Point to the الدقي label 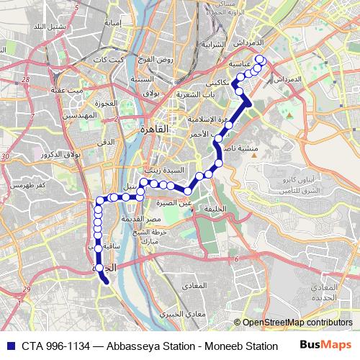(106, 143)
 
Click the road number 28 (26, 80)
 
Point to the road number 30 (5, 156)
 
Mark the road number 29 (26, 289)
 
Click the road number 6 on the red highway (235, 258)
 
